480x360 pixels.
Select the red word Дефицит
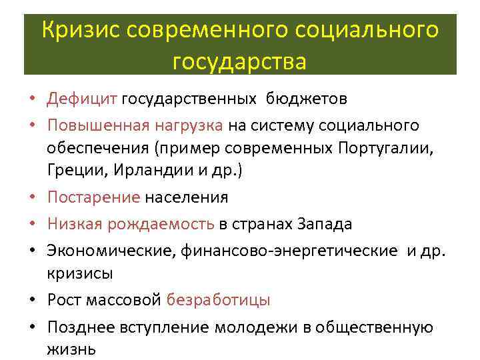pyautogui.click(x=81, y=99)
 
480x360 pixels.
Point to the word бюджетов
pyautogui.click(x=307, y=99)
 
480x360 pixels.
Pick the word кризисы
pyautogui.click(x=80, y=273)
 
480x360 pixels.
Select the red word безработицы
pyautogui.click(x=219, y=300)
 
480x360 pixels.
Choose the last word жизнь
pyautogui.click(x=71, y=349)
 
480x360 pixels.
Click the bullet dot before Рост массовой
pyautogui.click(x=33, y=301)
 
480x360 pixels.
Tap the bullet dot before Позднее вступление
pyautogui.click(x=33, y=327)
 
